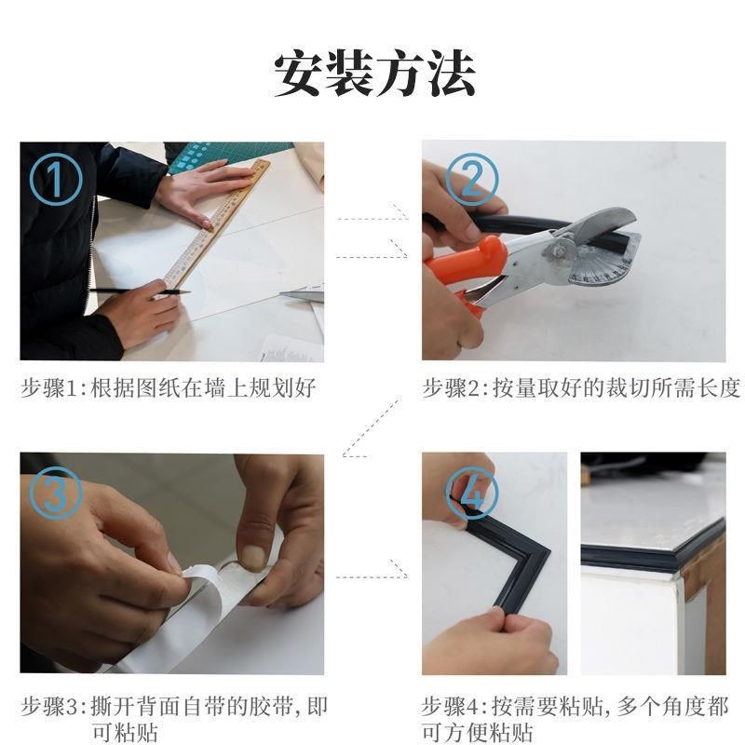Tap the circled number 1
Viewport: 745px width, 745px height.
(x=55, y=178)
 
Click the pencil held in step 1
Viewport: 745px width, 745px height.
(x=140, y=291)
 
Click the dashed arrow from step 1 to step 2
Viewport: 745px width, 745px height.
(x=372, y=236)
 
